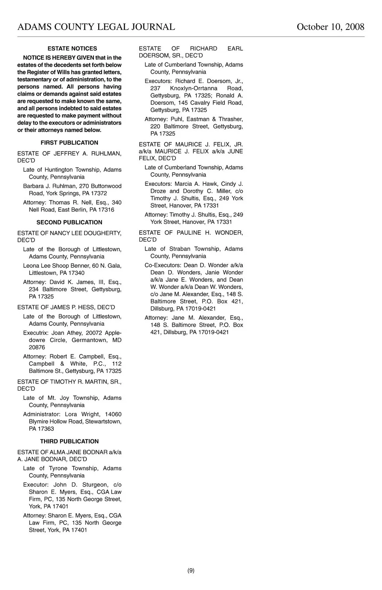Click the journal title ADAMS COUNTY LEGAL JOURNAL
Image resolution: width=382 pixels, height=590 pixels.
pyautogui.click(x=96, y=27)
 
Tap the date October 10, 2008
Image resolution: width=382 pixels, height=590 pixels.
pyautogui.click(x=330, y=27)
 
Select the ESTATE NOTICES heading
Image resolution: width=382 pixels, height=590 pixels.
pyautogui.click(x=72, y=49)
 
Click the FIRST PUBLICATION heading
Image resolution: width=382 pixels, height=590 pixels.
pyautogui.click(x=69, y=143)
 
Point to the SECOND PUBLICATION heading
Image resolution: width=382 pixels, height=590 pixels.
pyautogui.click(x=69, y=222)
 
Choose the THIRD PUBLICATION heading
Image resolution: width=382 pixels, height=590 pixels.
pyautogui.click(x=69, y=442)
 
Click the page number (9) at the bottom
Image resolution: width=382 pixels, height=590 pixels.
pyautogui.click(x=191, y=571)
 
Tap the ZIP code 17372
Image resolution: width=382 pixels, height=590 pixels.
pyautogui.click(x=99, y=193)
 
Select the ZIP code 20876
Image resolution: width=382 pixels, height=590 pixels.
pyautogui.click(x=37, y=347)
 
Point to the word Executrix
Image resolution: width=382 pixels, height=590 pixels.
pyautogui.click(x=36, y=333)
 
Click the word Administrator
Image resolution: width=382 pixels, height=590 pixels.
pyautogui.click(x=42, y=415)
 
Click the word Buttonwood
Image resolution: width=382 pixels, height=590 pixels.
pyautogui.click(x=106, y=186)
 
